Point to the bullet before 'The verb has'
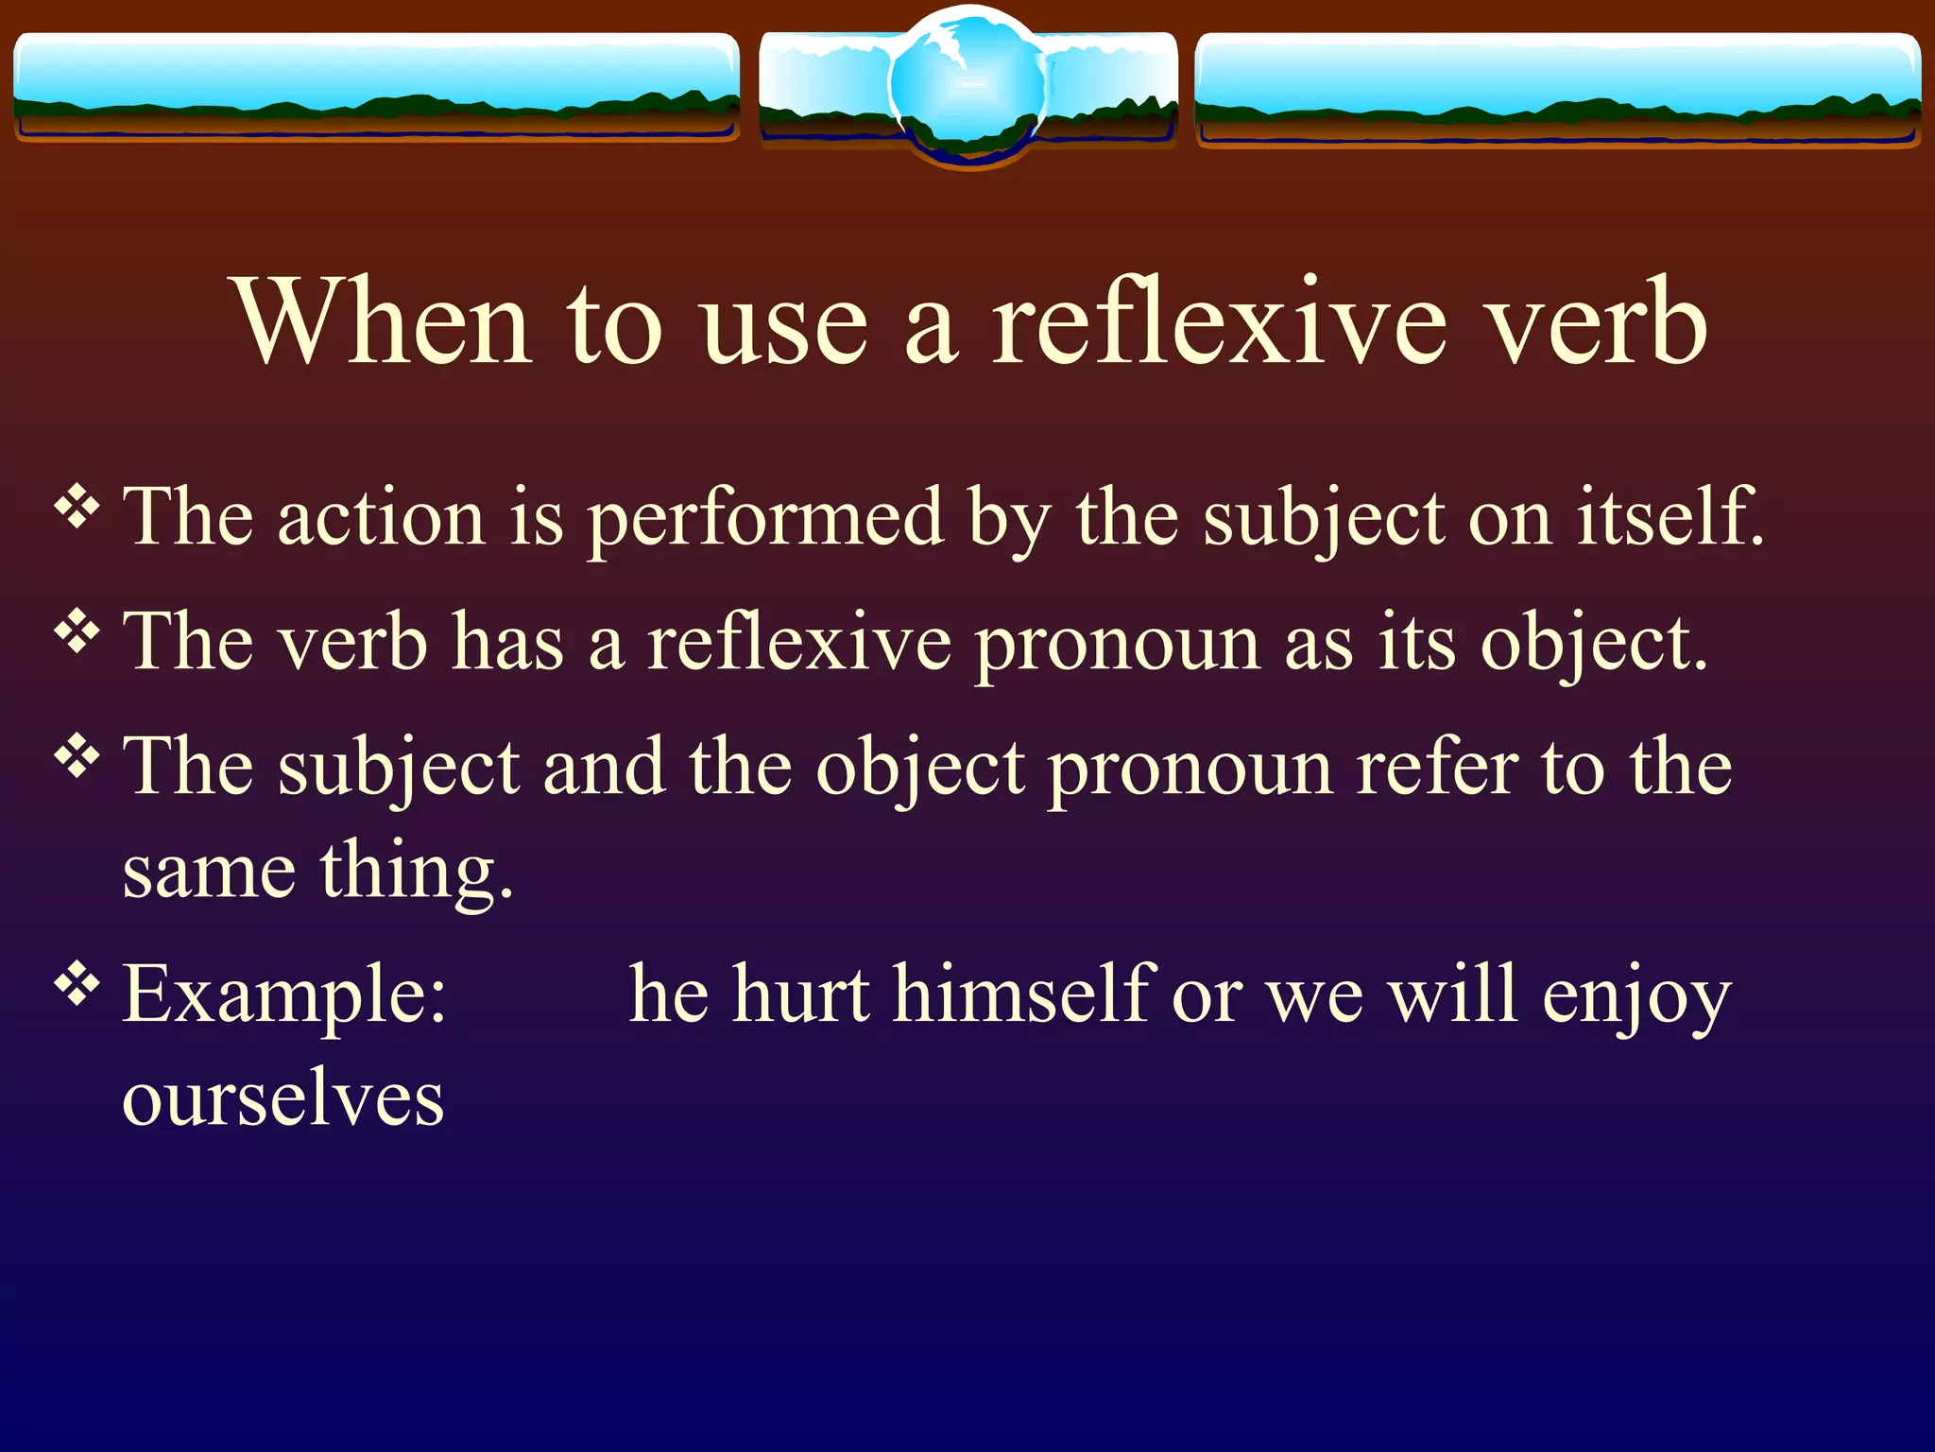pyautogui.click(x=77, y=632)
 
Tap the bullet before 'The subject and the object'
pyautogui.click(x=77, y=757)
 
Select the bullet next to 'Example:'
pyautogui.click(x=77, y=985)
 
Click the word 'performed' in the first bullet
pyautogui.click(x=765, y=520)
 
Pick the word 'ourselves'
pyautogui.click(x=283, y=1098)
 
